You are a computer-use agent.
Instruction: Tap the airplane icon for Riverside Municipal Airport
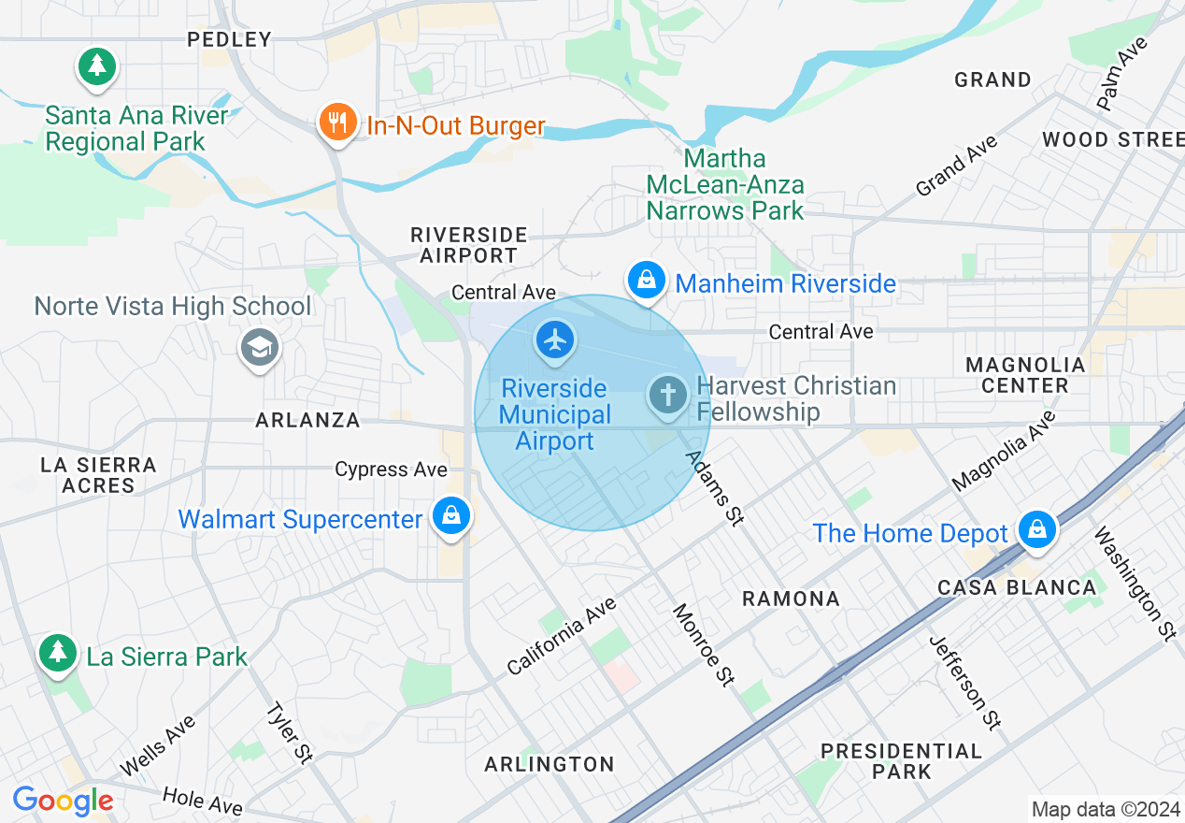coord(555,340)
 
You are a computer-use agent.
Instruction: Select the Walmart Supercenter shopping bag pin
coord(451,515)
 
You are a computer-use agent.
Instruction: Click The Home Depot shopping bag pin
coord(1036,530)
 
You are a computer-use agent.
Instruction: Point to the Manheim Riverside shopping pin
coord(646,280)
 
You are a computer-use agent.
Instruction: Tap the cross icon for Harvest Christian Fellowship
coord(668,396)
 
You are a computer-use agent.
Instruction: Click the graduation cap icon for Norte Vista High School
coord(259,348)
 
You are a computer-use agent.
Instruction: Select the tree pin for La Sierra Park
coord(58,652)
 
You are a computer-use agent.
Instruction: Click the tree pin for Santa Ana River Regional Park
coord(97,66)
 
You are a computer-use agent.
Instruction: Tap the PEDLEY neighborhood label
coord(229,39)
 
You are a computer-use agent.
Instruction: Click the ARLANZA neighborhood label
coord(307,420)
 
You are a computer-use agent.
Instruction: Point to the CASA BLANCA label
coord(1017,587)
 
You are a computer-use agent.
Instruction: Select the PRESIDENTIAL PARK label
coord(901,761)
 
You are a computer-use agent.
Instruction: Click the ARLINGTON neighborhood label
coord(550,764)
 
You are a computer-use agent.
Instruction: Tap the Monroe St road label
coord(702,644)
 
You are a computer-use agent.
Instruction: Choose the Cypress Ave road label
coord(391,469)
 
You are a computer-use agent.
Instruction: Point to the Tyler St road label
coord(289,732)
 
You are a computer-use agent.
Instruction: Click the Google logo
coord(63,801)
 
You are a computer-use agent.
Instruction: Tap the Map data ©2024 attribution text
coord(1104,809)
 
